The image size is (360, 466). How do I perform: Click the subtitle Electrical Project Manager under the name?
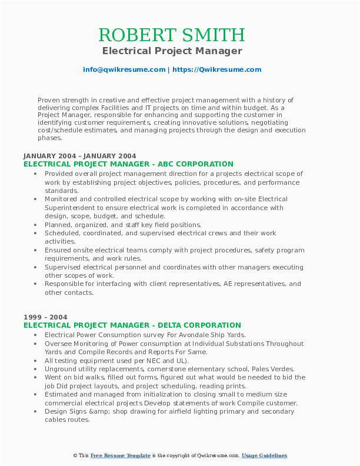tap(180, 51)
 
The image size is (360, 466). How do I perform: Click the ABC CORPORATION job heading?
tap(128, 164)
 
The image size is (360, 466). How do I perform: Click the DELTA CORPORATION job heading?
tap(132, 325)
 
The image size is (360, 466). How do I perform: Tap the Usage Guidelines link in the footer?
tap(265, 456)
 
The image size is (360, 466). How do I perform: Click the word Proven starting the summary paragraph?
tap(49, 100)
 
